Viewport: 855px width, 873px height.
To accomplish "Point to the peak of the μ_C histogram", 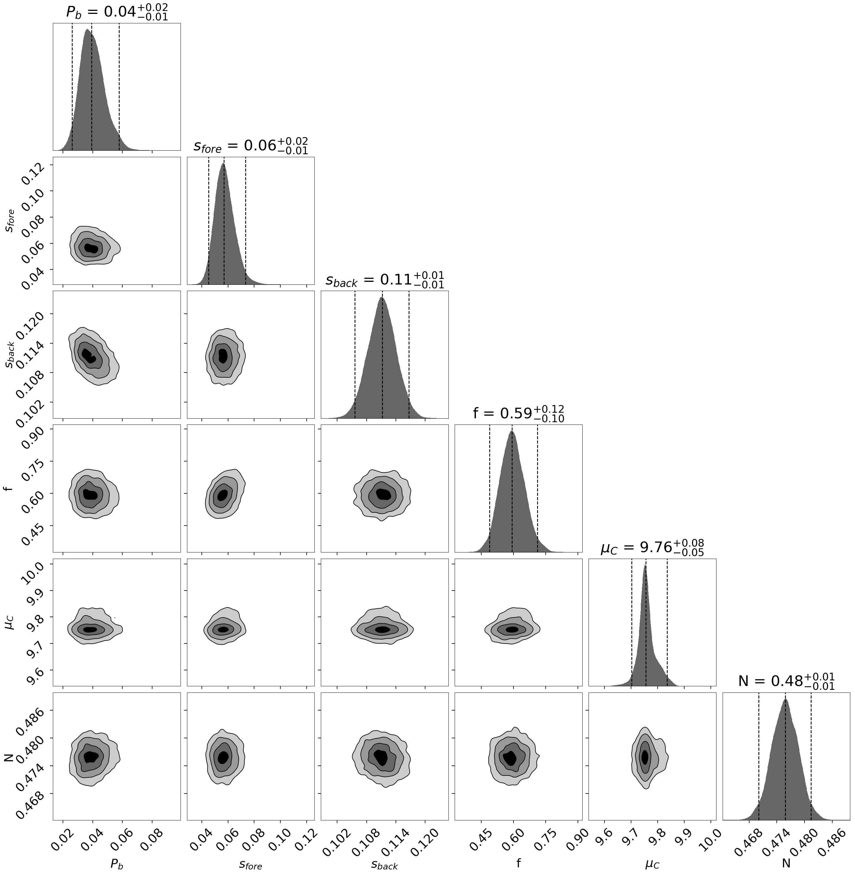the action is (645, 565).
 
